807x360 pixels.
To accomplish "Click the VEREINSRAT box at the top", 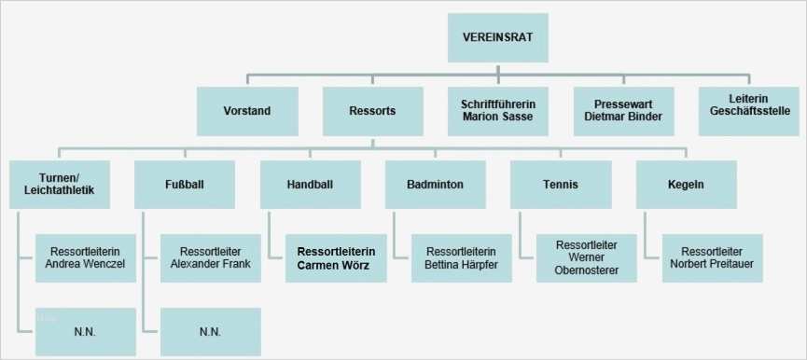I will click(498, 37).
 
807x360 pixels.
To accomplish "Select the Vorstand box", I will click(247, 110).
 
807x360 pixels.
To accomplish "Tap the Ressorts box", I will click(372, 110).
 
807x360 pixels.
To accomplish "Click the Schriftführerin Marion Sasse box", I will click(498, 110).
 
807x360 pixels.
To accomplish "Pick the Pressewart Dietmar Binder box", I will click(622, 110).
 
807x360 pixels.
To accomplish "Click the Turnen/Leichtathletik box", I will click(60, 185).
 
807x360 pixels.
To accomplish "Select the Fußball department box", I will click(185, 185).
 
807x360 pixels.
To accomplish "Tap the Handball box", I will click(311, 185).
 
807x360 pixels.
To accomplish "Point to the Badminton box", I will click(436, 185).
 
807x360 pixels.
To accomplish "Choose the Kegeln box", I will click(686, 185).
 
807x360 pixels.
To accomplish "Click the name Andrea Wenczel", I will click(85, 265).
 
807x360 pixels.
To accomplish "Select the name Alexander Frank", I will click(211, 265).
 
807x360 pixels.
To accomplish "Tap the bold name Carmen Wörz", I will click(336, 266).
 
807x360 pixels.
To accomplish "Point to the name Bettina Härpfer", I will click(461, 265).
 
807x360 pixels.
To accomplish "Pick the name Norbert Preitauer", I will click(712, 265).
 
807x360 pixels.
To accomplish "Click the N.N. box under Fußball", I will click(211, 331).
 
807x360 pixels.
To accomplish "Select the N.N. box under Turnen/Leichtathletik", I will click(85, 331).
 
